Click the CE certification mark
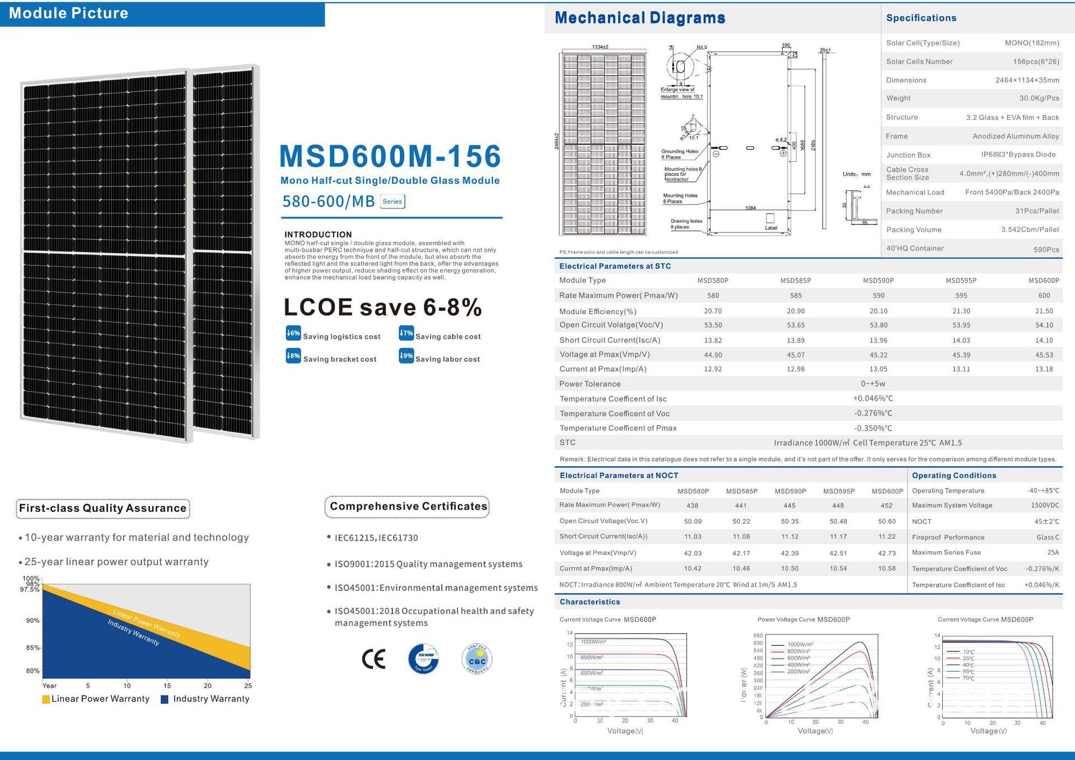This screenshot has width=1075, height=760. [x=373, y=659]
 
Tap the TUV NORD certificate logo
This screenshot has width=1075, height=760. [x=423, y=659]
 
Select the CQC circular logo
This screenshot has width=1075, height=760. [x=477, y=659]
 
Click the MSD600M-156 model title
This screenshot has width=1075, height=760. [x=390, y=156]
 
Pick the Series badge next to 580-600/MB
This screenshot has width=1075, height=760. [x=392, y=202]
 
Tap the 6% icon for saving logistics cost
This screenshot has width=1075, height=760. [x=293, y=333]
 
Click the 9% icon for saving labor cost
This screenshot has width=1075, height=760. [x=406, y=356]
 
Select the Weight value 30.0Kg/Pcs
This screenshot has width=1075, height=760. [x=1039, y=99]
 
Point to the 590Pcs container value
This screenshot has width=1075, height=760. [x=1046, y=249]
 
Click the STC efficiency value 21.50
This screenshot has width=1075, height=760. [x=1044, y=311]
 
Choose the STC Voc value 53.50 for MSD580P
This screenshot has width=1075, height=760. [x=713, y=325]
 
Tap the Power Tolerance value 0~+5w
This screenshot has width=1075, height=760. [x=873, y=384]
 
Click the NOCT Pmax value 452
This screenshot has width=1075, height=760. [x=886, y=506]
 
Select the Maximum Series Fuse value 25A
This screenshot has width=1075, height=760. [x=1053, y=553]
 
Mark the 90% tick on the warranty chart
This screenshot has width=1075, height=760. [x=33, y=621]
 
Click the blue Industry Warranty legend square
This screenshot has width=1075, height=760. [x=165, y=700]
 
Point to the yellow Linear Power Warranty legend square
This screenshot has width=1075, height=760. [x=46, y=700]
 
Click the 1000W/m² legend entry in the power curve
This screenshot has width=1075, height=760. [x=800, y=645]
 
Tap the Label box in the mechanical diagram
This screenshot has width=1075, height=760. [x=770, y=218]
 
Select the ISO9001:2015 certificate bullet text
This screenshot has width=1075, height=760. [x=428, y=565]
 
